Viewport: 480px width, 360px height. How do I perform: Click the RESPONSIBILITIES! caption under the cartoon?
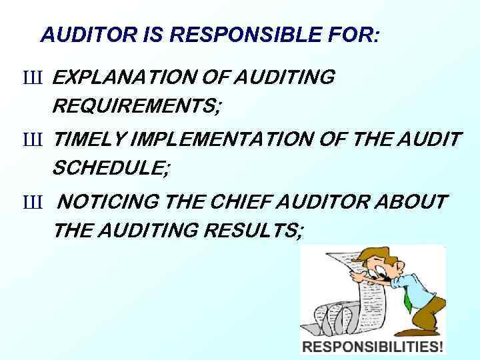click(373, 346)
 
